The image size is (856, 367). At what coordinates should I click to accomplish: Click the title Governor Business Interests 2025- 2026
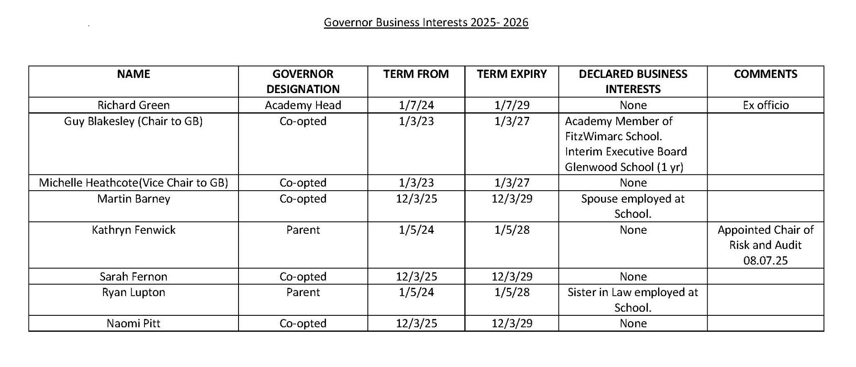(x=426, y=22)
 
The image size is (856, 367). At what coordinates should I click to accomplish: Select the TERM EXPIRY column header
(x=511, y=74)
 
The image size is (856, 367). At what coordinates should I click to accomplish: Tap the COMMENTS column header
(x=765, y=74)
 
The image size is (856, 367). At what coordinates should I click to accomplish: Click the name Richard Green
(x=133, y=105)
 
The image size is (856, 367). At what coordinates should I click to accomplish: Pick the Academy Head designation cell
(x=303, y=105)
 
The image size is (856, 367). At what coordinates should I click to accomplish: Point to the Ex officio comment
(x=765, y=105)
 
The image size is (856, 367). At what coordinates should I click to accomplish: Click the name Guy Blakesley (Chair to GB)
(x=133, y=121)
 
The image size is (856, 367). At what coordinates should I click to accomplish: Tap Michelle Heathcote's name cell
(x=133, y=183)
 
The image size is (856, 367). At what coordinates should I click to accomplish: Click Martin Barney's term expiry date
(x=512, y=199)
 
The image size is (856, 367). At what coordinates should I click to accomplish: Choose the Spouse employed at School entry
(x=633, y=206)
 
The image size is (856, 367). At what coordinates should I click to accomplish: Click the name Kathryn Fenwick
(x=133, y=230)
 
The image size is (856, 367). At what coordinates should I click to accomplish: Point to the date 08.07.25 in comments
(x=765, y=260)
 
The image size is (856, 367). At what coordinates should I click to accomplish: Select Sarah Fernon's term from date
(x=416, y=277)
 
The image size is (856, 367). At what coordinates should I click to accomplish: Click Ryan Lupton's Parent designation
(x=303, y=292)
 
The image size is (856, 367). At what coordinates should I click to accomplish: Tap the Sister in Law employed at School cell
(x=633, y=300)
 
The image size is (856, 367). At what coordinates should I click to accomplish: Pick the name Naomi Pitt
(x=133, y=323)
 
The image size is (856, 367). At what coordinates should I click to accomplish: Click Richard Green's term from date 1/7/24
(x=416, y=105)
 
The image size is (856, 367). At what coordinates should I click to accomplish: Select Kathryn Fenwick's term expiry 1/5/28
(x=512, y=230)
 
